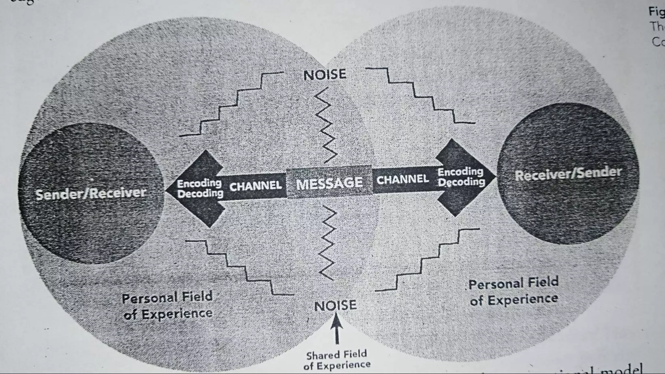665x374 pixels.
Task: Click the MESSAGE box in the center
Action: (329, 183)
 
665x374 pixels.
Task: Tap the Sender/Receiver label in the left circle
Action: (91, 193)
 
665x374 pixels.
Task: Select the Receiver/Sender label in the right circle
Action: (568, 174)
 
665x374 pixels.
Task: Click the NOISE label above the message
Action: (325, 75)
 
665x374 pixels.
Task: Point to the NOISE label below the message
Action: (335, 305)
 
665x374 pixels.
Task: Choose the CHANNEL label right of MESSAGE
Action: (403, 179)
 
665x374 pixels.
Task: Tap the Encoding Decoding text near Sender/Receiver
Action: (200, 188)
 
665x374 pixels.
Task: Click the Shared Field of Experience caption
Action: (337, 360)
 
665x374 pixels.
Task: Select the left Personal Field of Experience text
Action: (168, 305)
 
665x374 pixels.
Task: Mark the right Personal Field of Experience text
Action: (513, 291)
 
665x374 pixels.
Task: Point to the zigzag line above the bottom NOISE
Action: (328, 243)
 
